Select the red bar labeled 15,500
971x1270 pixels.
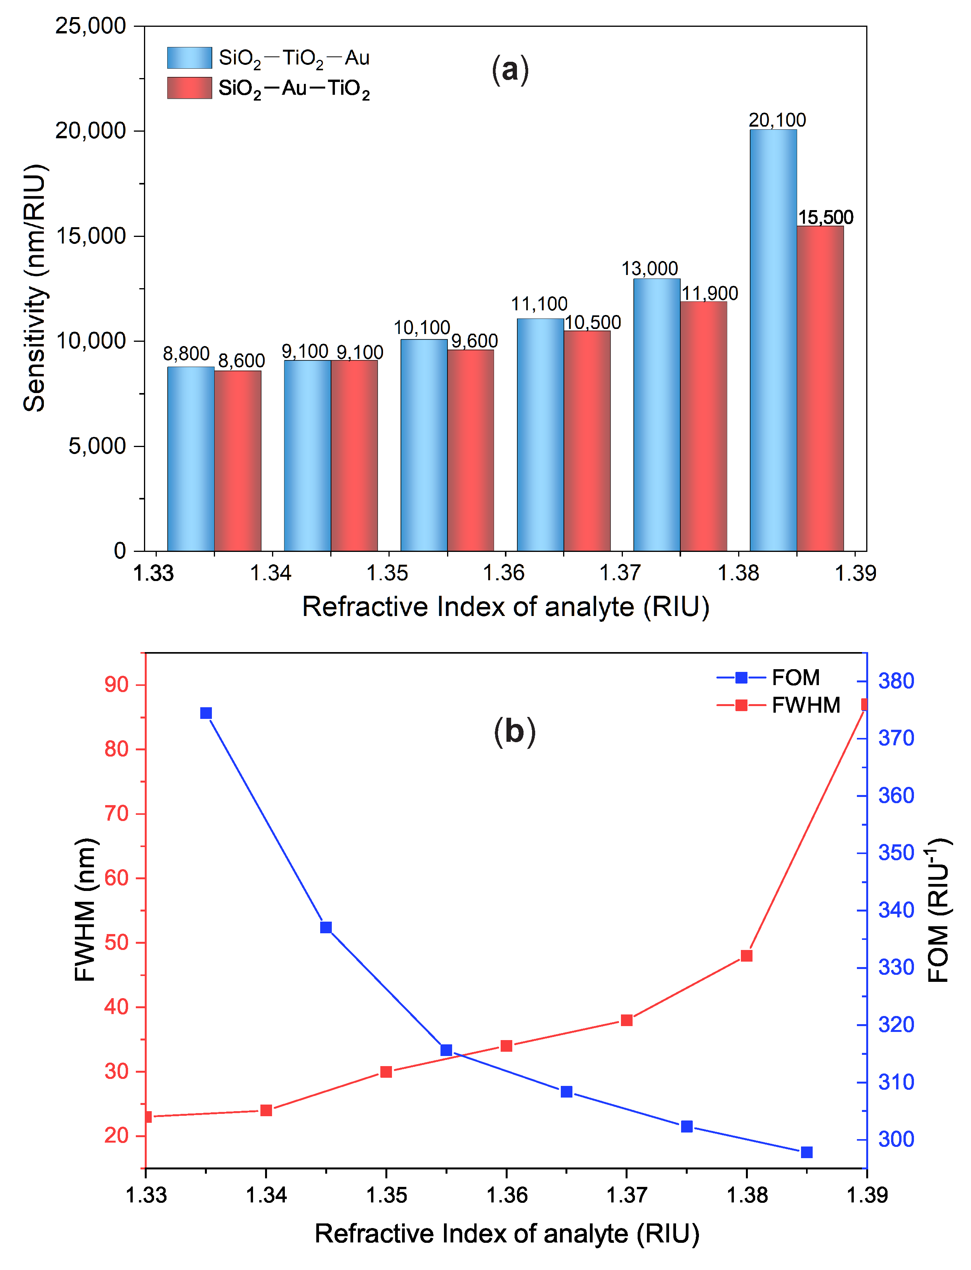click(x=820, y=388)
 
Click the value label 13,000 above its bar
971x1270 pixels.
click(x=650, y=269)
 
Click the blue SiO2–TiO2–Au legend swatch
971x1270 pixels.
click(x=189, y=58)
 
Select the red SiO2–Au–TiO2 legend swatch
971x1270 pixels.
click(x=189, y=88)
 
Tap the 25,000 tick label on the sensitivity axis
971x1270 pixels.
click(x=91, y=26)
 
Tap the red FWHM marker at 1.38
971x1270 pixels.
click(x=747, y=956)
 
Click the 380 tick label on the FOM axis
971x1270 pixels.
click(x=896, y=681)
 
